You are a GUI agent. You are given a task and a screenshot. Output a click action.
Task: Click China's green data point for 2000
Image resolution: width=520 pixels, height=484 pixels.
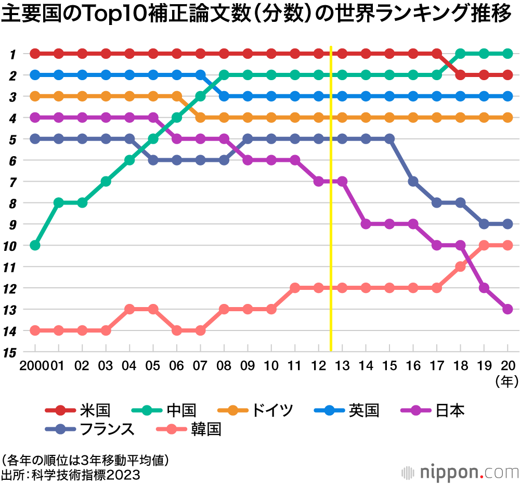click(35, 245)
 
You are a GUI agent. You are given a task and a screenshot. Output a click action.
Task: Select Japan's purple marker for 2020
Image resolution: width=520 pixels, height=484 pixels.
click(508, 309)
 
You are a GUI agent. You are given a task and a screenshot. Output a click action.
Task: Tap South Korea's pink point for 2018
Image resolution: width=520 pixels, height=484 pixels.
click(460, 266)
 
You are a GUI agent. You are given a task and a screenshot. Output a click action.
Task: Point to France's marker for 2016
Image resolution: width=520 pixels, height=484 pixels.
click(413, 181)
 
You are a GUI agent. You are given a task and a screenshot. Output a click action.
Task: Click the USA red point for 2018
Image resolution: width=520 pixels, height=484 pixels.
click(460, 75)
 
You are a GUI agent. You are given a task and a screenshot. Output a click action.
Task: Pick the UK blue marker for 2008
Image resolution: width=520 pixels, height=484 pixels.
click(224, 96)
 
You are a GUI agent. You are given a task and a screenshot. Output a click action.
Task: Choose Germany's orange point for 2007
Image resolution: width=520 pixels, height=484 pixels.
click(200, 118)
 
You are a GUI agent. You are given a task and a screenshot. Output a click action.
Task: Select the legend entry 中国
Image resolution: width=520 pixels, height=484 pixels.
click(181, 411)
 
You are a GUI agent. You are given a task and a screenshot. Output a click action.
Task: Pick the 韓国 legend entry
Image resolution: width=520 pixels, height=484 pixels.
click(206, 429)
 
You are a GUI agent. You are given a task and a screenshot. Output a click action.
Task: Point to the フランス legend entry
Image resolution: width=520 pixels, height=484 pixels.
click(108, 429)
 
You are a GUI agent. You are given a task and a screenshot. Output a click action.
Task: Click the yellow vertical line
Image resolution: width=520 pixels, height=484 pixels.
click(331, 208)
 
